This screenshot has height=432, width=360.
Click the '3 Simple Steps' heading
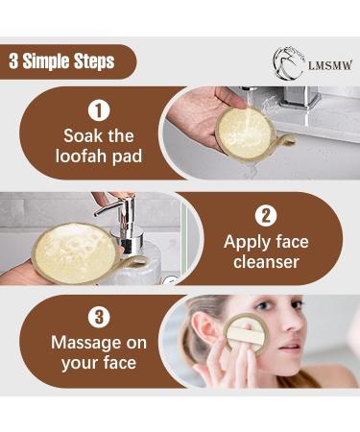tap(61, 61)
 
